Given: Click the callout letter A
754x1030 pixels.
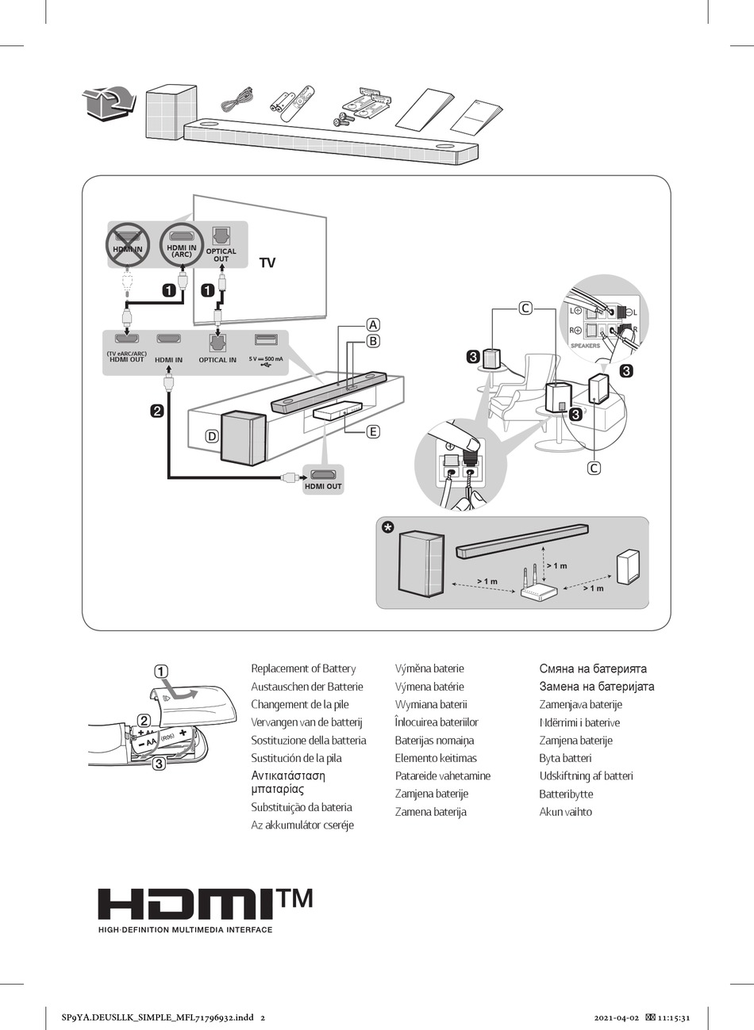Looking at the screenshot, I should tap(373, 324).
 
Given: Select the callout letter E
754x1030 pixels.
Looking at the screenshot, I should tap(373, 432).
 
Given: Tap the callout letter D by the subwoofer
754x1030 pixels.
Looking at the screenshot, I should tap(212, 435).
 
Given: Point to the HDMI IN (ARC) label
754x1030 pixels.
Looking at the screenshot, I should tap(181, 251).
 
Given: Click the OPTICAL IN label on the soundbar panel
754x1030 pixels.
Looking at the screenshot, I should tap(217, 360).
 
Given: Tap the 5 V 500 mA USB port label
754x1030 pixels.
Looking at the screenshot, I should tap(266, 359).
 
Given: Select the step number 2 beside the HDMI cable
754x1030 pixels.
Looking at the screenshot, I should tap(157, 411).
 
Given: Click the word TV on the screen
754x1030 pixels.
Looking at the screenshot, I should tap(267, 263).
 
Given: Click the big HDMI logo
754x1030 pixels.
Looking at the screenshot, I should tap(187, 906).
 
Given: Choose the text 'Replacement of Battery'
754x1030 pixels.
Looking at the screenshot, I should tap(303, 668).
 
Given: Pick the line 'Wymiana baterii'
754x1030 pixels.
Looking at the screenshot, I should tap(431, 704).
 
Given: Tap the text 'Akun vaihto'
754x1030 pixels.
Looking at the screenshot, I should tap(565, 811).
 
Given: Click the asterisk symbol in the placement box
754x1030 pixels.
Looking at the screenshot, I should tap(387, 528).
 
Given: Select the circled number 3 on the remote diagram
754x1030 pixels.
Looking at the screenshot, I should tap(159, 764).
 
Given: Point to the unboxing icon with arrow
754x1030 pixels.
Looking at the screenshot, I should tap(108, 103).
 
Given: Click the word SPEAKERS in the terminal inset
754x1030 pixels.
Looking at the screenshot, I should tap(586, 346).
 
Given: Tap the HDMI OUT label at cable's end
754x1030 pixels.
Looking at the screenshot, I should tap(323, 486).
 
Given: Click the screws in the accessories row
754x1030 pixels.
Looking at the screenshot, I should tap(343, 119).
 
